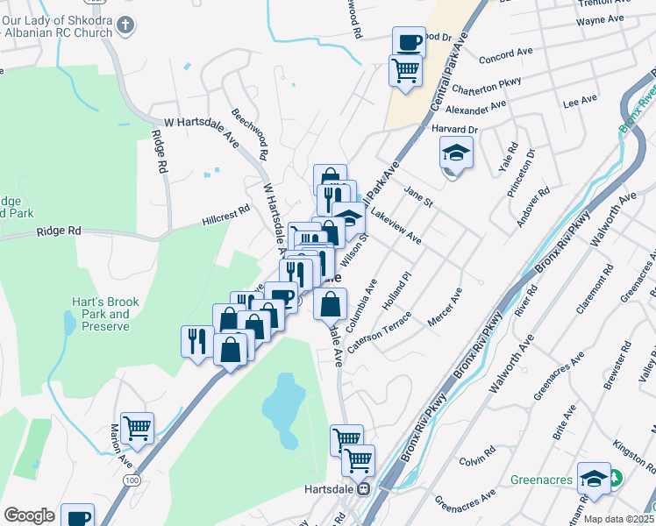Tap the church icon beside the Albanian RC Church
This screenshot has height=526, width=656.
[x=126, y=25]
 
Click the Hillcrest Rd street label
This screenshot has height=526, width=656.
[x=225, y=215]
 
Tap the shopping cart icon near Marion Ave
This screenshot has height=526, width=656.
[x=138, y=428]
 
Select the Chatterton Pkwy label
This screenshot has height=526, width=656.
[x=486, y=86]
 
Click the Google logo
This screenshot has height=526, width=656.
[x=29, y=515]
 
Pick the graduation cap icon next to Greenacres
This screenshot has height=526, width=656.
[x=594, y=478]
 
